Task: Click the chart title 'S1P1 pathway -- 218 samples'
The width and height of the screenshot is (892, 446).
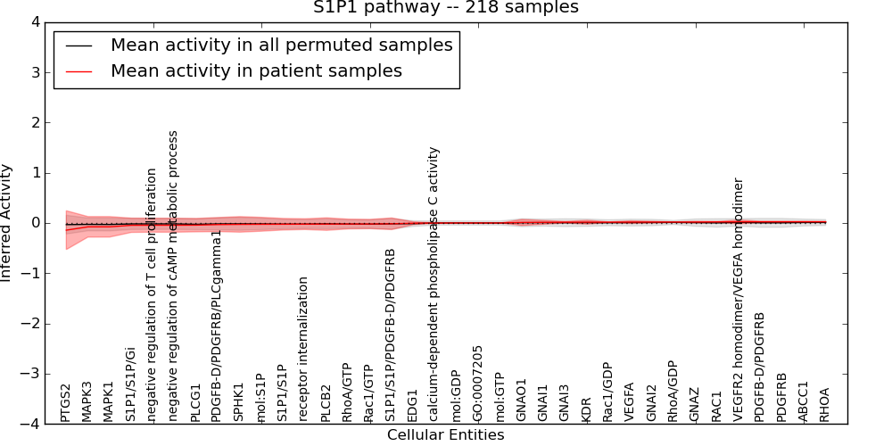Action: (445, 8)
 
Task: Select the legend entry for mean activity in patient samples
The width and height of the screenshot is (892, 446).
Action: (256, 70)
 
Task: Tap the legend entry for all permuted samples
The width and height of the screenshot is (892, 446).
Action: (281, 45)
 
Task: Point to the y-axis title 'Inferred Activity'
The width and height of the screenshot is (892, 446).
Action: (7, 222)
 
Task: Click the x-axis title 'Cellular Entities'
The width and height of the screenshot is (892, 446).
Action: (445, 435)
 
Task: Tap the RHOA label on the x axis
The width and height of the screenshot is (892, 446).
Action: (825, 404)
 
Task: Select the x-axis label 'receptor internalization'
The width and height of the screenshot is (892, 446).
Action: (304, 349)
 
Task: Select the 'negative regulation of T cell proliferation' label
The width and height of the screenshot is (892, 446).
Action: (153, 294)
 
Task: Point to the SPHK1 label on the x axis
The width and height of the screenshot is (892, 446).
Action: (239, 402)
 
